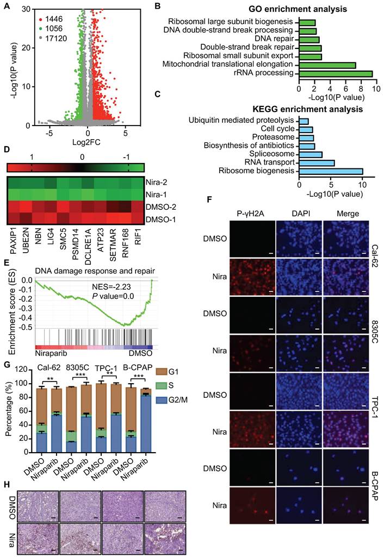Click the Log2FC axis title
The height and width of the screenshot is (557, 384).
point(79,141)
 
